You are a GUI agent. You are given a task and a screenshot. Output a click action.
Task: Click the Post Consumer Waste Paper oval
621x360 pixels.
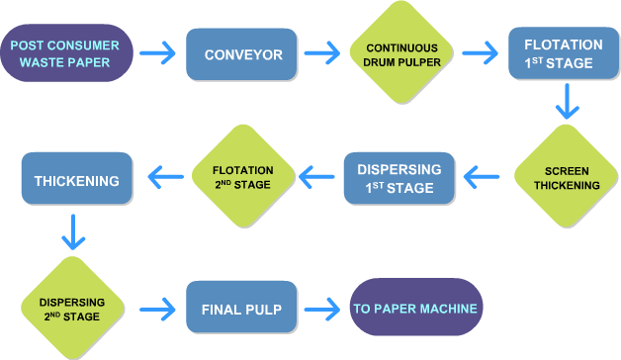(x=66, y=53)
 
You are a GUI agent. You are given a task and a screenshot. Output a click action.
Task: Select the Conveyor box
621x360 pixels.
(x=241, y=54)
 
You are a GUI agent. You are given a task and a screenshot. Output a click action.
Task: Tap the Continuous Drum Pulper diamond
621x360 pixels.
(x=401, y=52)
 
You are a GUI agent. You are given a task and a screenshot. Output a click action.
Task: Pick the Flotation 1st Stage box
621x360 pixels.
(x=564, y=53)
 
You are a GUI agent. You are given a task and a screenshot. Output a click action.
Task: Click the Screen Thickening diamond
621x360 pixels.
(x=567, y=176)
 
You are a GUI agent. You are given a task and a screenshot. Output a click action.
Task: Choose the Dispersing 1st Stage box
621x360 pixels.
(x=399, y=178)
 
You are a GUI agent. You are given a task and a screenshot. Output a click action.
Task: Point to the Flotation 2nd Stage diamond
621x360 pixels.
(x=243, y=176)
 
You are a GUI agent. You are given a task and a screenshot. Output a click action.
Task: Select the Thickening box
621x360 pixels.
(x=77, y=178)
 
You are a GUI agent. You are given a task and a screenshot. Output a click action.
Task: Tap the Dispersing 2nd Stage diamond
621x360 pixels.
(x=72, y=309)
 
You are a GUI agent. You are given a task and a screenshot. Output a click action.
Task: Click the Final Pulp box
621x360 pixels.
(x=241, y=307)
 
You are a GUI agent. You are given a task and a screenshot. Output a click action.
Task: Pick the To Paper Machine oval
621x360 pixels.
(x=416, y=307)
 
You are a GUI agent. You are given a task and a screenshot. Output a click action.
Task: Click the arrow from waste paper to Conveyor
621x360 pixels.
(x=157, y=53)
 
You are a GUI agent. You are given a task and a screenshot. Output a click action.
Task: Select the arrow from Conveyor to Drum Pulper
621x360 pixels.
(x=322, y=53)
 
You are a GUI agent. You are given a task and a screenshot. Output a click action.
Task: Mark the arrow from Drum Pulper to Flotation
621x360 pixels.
(x=480, y=53)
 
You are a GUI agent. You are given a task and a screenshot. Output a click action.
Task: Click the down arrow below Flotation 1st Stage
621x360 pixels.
(x=568, y=101)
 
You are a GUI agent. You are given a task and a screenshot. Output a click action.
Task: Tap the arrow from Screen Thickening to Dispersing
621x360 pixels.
(x=482, y=177)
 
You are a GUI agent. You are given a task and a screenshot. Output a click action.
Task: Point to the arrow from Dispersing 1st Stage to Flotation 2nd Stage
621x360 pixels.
(x=316, y=177)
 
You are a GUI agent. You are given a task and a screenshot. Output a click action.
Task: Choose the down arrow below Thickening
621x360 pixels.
(x=73, y=232)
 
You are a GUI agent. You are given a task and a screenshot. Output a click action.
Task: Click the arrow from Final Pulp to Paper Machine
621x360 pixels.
(x=322, y=310)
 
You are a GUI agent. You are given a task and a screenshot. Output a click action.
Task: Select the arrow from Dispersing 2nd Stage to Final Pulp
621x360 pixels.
(x=157, y=310)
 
